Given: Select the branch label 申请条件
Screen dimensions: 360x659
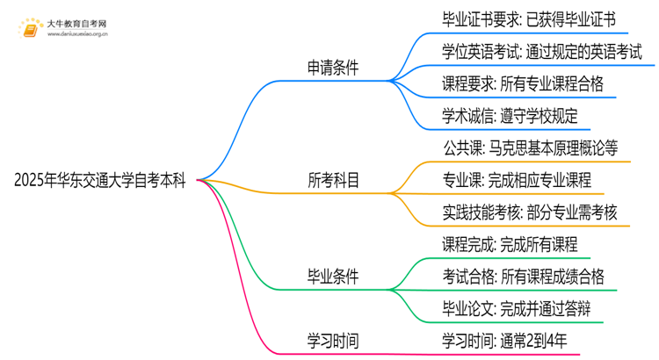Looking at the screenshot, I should [x=333, y=68].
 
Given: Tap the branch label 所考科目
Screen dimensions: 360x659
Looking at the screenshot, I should [x=333, y=181].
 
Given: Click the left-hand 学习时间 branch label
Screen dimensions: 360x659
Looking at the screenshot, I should [x=333, y=340].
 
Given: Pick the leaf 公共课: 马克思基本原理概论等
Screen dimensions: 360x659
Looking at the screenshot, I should [x=531, y=148].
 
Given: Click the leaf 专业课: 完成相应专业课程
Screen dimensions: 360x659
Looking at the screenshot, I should [x=517, y=181].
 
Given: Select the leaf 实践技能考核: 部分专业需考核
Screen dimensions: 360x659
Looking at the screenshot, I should [x=530, y=212].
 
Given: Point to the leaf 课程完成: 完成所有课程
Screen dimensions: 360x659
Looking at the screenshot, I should [x=510, y=245].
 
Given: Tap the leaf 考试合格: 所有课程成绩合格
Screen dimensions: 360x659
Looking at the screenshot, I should [x=523, y=277].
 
